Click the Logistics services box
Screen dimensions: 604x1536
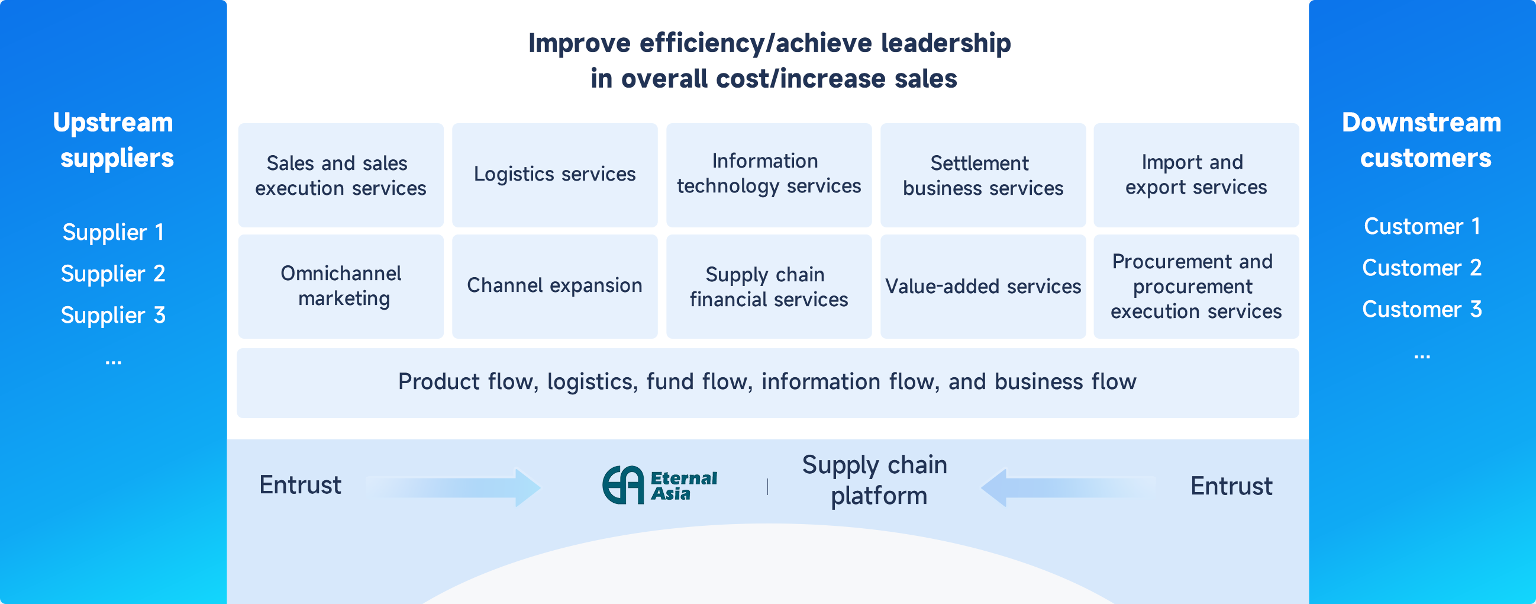tap(554, 175)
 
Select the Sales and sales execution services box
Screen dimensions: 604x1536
tap(340, 175)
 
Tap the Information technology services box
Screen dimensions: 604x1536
tap(769, 175)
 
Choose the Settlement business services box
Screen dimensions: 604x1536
tap(983, 175)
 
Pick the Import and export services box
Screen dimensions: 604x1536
tap(1196, 175)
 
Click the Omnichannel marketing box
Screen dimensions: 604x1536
tap(340, 286)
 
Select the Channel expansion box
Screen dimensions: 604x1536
tap(554, 286)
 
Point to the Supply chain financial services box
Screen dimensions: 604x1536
tap(769, 286)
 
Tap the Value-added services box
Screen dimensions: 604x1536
tap(983, 286)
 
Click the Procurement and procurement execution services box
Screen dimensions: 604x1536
tap(1196, 286)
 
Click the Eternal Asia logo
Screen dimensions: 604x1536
tap(660, 485)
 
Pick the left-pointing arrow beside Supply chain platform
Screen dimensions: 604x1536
tap(1067, 487)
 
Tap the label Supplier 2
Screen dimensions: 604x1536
tap(113, 274)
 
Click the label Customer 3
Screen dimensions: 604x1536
tap(1422, 310)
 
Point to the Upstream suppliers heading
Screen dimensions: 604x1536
tap(113, 140)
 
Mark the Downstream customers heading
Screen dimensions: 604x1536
tap(1422, 140)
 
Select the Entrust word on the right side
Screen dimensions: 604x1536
tap(1231, 486)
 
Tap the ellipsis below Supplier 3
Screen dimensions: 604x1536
tap(113, 362)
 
